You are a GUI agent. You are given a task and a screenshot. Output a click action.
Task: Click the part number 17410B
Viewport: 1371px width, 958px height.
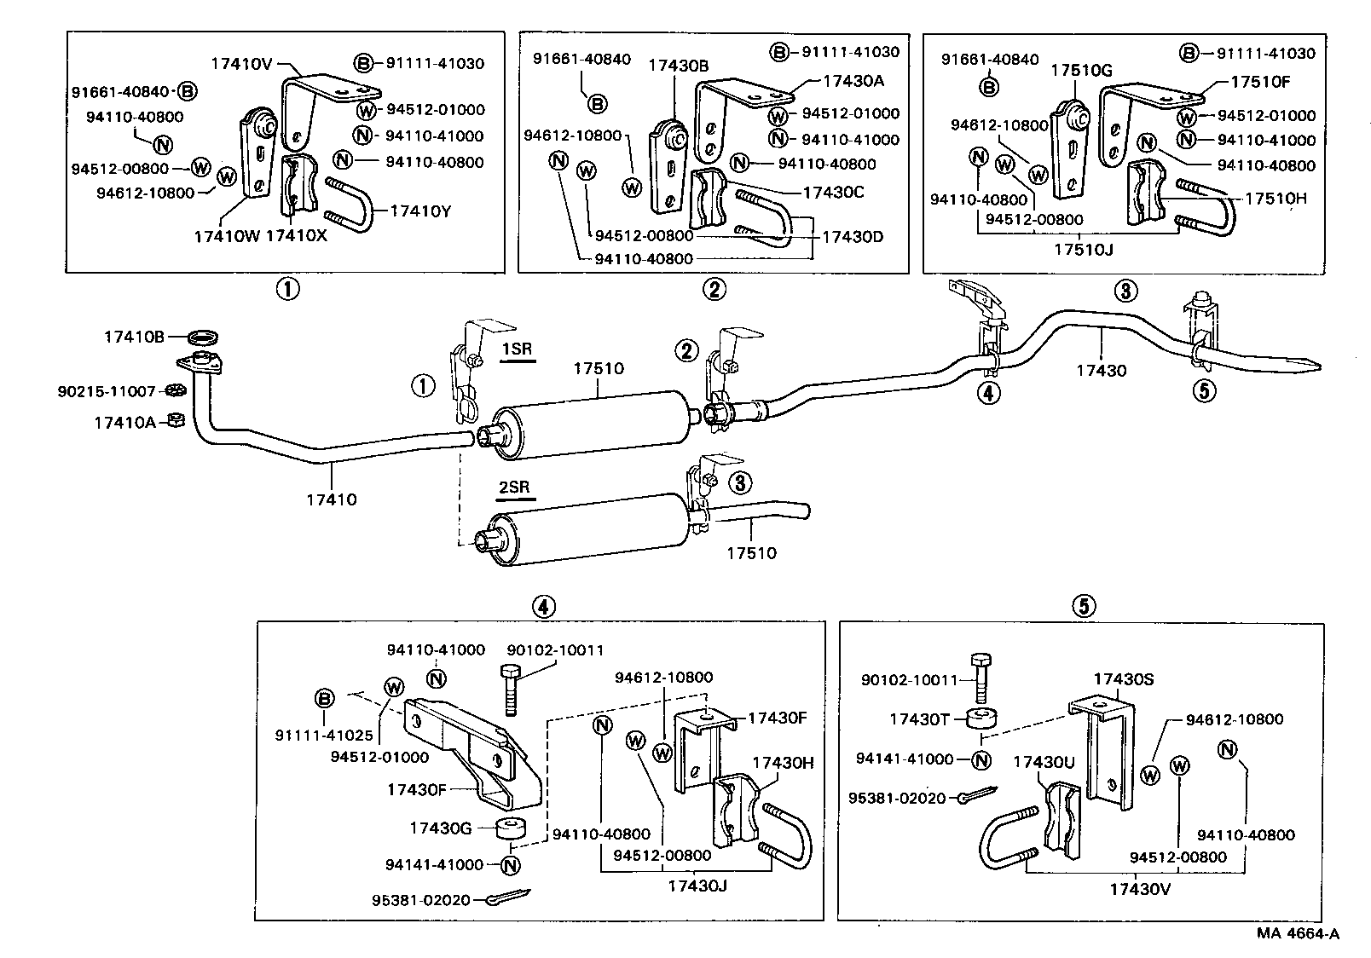click(134, 337)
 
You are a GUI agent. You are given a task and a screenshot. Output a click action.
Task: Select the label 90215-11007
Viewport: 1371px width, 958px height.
click(107, 391)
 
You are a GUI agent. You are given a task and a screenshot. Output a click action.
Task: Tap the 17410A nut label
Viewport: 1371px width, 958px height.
click(124, 420)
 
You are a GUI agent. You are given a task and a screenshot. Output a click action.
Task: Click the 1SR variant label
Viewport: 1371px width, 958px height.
click(516, 350)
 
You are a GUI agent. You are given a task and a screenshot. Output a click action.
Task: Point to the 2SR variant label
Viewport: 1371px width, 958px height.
click(514, 488)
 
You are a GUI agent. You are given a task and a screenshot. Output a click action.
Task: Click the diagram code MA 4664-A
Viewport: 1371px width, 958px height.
click(1297, 933)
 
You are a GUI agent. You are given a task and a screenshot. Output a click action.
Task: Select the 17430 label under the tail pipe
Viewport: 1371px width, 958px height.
click(1101, 370)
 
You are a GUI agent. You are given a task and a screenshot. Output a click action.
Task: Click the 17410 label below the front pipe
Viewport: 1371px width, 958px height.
click(331, 499)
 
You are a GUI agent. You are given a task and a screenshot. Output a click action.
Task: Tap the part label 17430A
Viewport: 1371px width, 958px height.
click(853, 81)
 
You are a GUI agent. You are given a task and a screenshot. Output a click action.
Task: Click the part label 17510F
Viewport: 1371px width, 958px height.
click(1260, 83)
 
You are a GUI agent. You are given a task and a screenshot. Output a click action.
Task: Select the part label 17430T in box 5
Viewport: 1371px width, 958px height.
click(919, 718)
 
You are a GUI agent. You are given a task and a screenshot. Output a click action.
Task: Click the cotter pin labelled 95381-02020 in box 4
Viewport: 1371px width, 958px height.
click(509, 897)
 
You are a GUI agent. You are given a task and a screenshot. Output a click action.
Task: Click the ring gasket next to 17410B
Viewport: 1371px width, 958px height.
click(200, 335)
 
